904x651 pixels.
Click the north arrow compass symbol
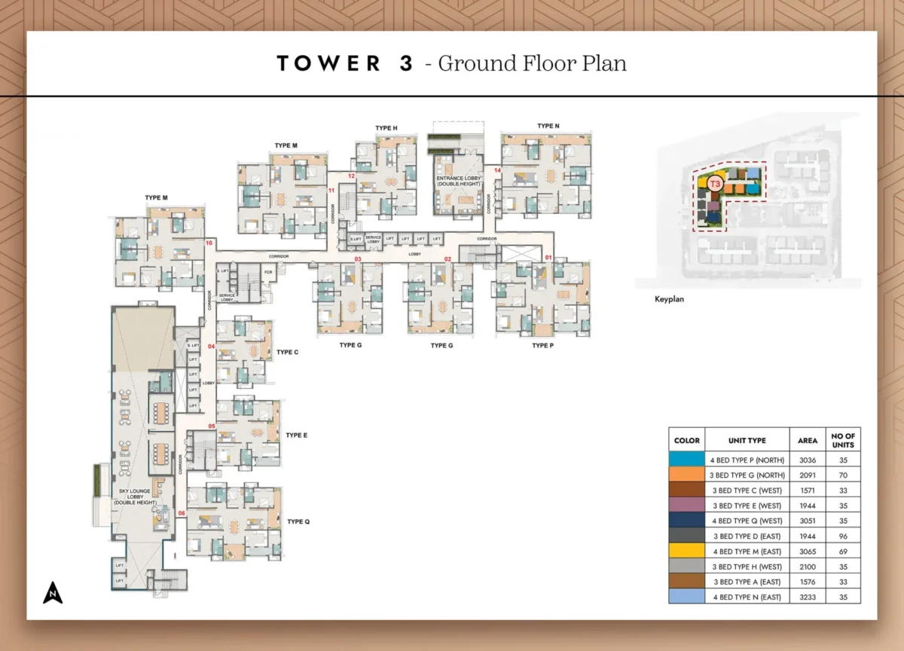52,593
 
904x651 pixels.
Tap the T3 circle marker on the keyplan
716,183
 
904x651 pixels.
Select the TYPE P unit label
542,345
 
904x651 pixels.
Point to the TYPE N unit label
548,126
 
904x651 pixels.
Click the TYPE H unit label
386,128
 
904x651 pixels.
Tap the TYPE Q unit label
298,521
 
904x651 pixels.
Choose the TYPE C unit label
287,352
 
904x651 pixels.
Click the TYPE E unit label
297,436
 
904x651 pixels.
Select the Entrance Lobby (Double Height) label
459,183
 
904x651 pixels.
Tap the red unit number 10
209,243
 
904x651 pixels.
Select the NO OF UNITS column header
842,440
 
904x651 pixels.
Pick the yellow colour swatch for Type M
687,552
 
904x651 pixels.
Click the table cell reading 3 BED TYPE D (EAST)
747,536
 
